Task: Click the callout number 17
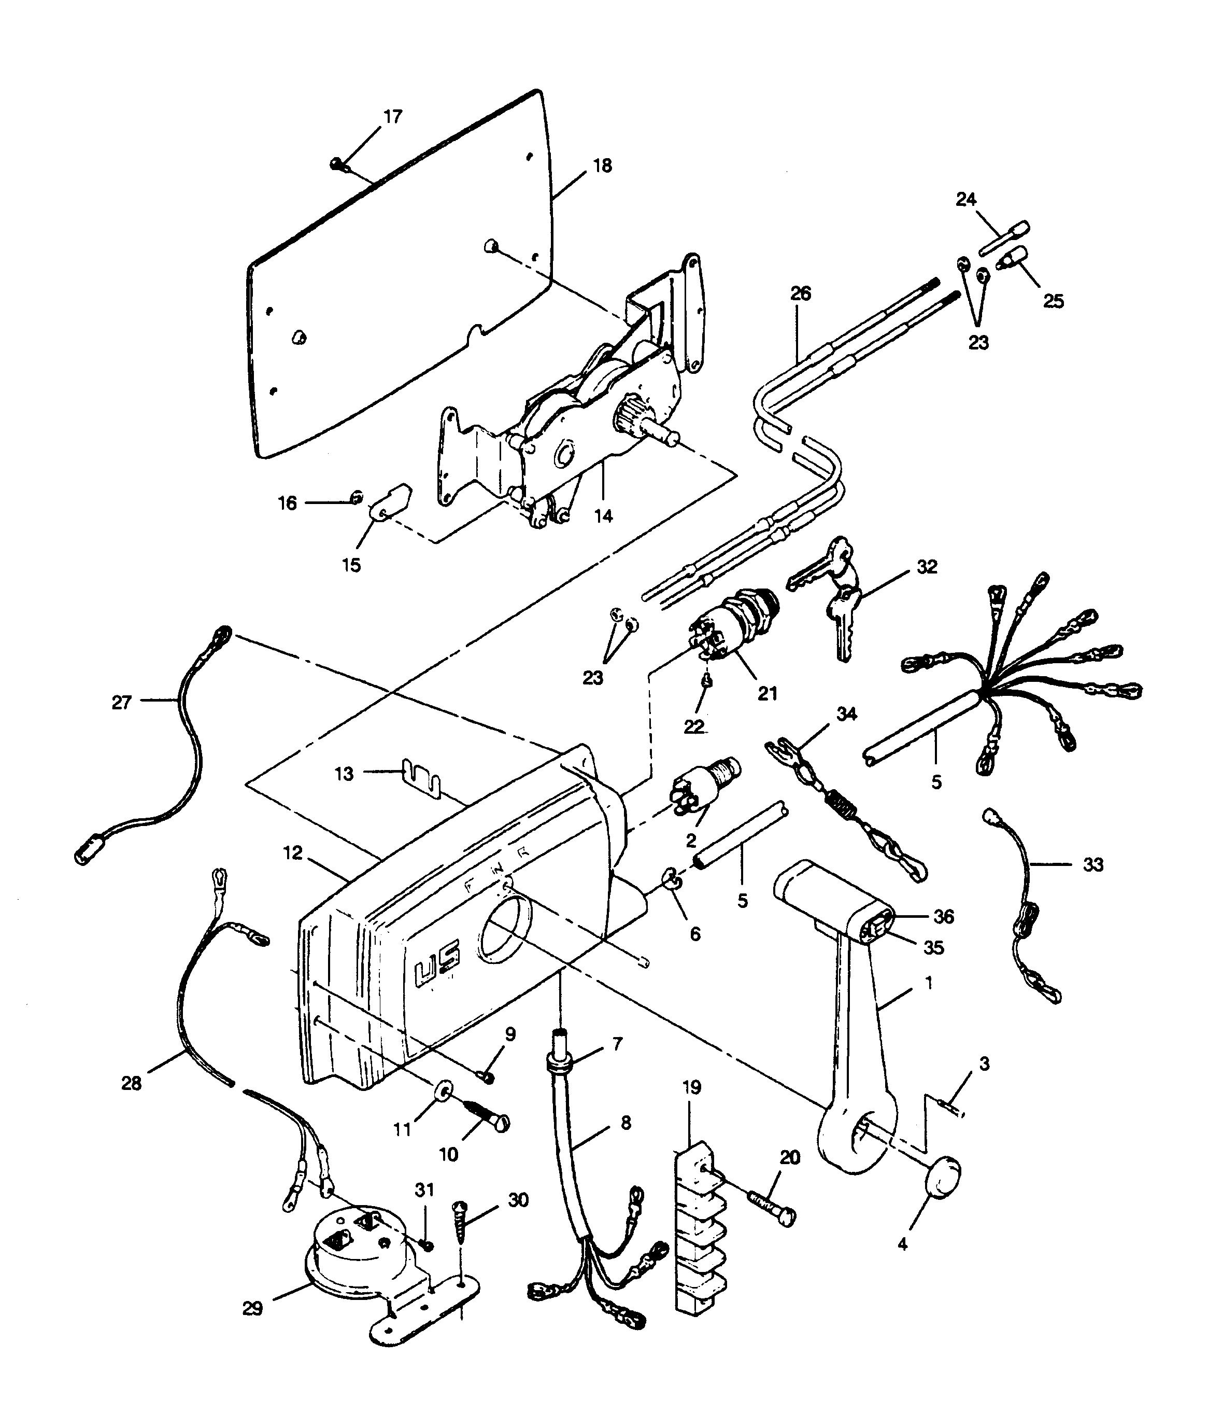click(x=392, y=117)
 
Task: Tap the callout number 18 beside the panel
click(x=602, y=166)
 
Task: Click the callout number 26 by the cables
click(x=801, y=293)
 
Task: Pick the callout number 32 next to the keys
click(x=927, y=566)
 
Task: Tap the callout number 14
click(x=603, y=516)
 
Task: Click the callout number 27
click(x=122, y=703)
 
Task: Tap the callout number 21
click(x=767, y=693)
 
